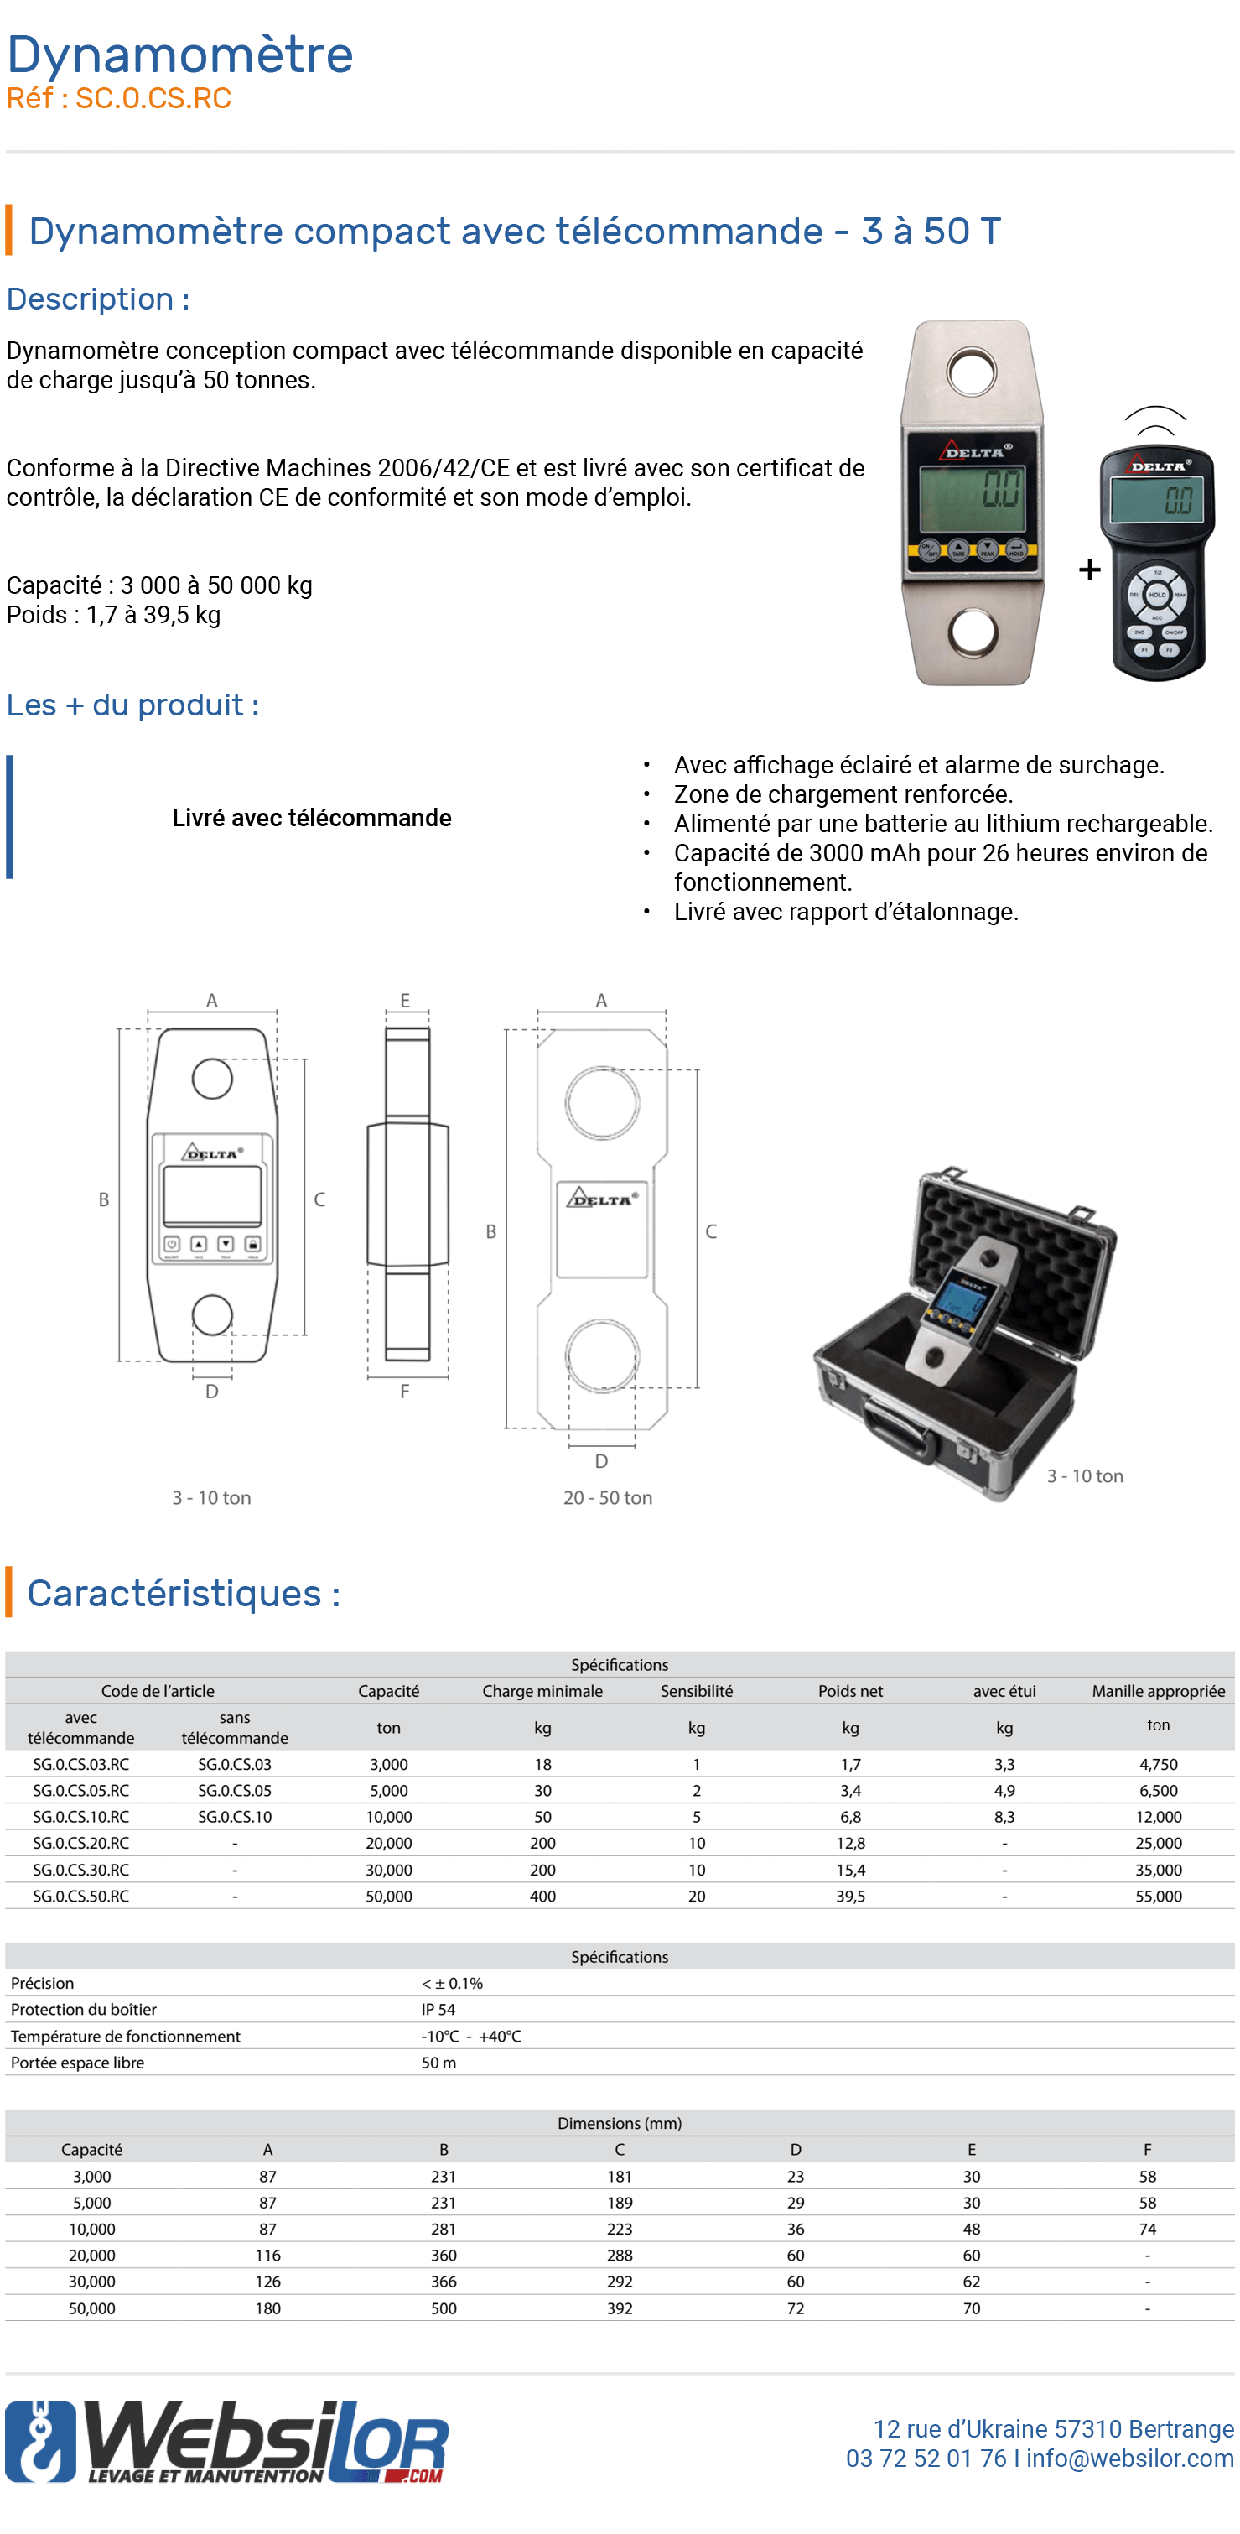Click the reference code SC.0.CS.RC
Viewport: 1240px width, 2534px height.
pos(153,98)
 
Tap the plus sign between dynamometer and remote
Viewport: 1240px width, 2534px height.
pos(1088,570)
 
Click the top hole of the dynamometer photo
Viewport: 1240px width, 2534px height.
pos(972,372)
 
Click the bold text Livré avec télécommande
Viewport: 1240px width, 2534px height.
pos(312,818)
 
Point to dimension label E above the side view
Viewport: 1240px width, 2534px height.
pos(404,1001)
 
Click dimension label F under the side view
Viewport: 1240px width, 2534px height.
pos(404,1391)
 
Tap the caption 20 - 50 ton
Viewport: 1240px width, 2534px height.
pos(607,1497)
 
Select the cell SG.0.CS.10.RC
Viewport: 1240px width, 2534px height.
pos(80,1817)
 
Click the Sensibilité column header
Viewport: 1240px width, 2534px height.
pos(696,1691)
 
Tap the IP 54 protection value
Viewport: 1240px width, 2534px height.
pos(438,2010)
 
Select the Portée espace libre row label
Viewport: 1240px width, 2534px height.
pos(78,2063)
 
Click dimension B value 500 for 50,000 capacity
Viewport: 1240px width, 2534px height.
pos(444,2308)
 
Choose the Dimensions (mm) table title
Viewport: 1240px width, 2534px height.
pos(619,2123)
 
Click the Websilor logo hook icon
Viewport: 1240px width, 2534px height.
pos(39,2443)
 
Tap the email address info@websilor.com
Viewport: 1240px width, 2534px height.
pos(1130,2459)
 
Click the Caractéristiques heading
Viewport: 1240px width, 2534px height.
pos(184,1593)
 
